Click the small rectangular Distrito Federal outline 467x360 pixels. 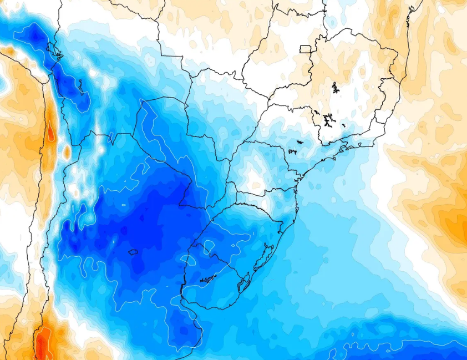coord(305,49)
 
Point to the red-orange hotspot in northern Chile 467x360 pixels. coord(52,133)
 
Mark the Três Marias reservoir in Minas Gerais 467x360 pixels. coord(335,88)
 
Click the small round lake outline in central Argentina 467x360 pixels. coord(133,252)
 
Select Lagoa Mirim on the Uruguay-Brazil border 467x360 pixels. coord(243,285)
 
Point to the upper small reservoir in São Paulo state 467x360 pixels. coord(300,142)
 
